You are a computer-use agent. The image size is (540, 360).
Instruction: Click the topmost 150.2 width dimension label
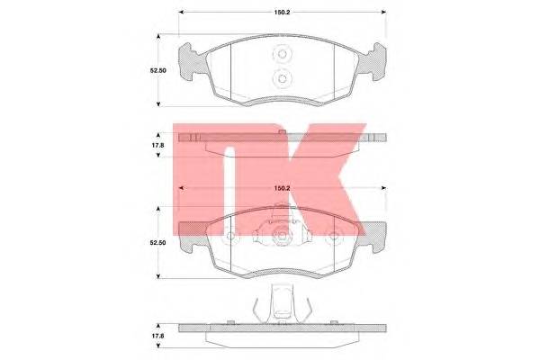[282, 13]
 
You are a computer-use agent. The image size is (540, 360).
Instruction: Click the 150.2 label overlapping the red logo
[282, 188]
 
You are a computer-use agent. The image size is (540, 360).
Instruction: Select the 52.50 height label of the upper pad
[157, 70]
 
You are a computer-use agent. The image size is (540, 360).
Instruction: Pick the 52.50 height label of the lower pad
[157, 242]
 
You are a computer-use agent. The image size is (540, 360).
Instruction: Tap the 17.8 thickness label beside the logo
[158, 146]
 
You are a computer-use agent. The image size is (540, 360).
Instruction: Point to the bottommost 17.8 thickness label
[158, 336]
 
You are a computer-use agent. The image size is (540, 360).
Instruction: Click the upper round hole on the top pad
[283, 54]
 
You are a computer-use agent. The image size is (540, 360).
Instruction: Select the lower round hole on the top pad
[283, 79]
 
